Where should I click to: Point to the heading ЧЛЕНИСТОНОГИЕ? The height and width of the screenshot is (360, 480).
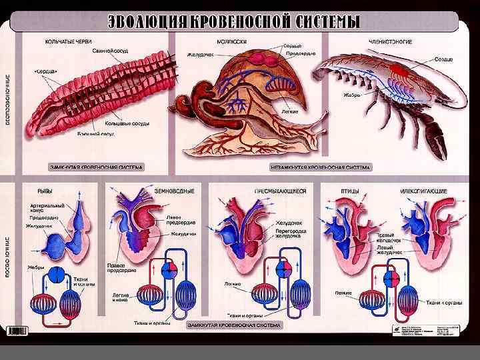point(390,41)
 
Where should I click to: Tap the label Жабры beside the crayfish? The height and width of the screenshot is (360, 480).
point(353,95)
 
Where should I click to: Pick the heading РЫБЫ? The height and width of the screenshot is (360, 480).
point(47,191)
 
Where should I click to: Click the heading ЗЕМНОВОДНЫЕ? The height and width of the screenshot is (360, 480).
point(175,191)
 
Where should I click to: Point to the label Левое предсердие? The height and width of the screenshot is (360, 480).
point(176,221)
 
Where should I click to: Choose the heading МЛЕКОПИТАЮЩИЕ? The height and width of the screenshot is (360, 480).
point(423,191)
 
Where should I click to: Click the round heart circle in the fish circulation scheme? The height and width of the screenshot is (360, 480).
point(57,274)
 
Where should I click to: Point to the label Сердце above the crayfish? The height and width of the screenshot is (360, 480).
point(444,59)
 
